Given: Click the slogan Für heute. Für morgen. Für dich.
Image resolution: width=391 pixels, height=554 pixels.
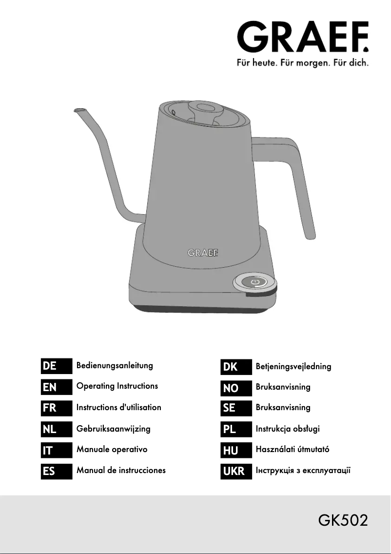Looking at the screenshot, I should coord(302,63).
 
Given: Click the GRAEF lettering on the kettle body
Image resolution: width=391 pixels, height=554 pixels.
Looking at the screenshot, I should coord(203,253).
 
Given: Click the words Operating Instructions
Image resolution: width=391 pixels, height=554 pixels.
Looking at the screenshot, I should coord(117,386).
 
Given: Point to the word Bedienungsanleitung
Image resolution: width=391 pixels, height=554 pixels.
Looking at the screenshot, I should coord(115,365).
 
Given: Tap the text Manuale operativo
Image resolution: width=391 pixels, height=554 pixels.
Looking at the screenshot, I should coord(112,449).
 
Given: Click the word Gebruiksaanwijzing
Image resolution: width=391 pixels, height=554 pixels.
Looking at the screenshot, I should coord(113,429).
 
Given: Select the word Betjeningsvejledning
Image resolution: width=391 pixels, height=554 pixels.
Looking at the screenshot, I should coord(293,366).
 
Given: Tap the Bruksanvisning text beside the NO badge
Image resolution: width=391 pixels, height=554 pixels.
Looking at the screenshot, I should coord(283,387).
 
